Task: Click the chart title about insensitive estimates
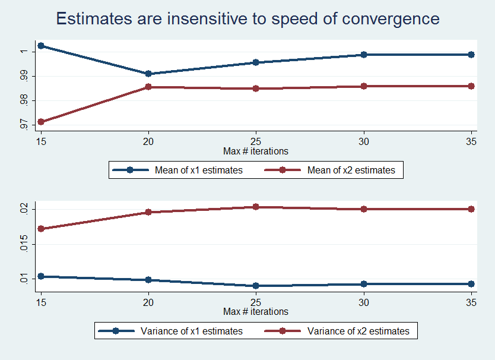click(247, 18)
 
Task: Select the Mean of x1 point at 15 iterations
click(41, 46)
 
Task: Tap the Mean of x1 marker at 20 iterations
click(148, 74)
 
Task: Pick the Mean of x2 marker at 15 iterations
click(41, 122)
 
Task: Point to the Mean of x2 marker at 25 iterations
click(256, 89)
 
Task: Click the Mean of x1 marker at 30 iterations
click(364, 55)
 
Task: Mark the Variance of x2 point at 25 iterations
click(256, 207)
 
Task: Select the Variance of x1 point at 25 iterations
click(256, 286)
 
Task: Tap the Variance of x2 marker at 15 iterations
click(41, 229)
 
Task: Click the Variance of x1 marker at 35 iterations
click(471, 284)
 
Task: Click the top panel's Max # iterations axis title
click(256, 151)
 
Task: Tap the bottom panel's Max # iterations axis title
click(256, 311)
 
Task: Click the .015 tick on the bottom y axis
click(24, 244)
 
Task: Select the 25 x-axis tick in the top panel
click(256, 141)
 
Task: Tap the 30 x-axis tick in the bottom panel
click(364, 302)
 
